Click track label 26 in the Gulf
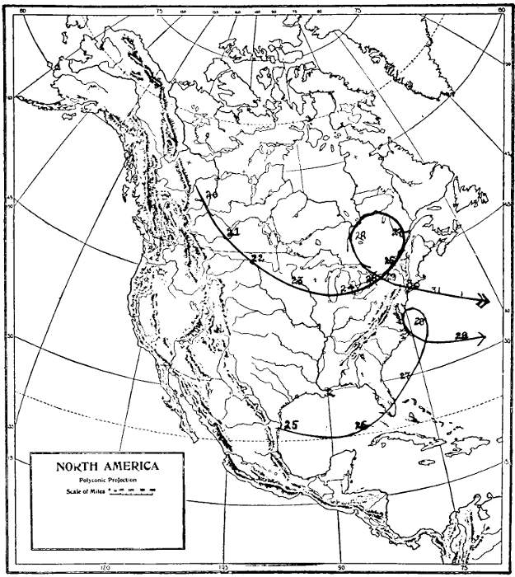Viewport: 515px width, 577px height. [x=359, y=425]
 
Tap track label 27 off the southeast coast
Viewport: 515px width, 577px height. [x=405, y=376]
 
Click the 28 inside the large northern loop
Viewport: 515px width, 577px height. [x=360, y=236]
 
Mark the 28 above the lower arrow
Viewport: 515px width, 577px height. [x=461, y=335]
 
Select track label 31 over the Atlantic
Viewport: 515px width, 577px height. [x=436, y=290]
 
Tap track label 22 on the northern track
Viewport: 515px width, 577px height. [x=256, y=259]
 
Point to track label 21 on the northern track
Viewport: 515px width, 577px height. [x=233, y=233]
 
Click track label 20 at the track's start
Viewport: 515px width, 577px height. [x=211, y=196]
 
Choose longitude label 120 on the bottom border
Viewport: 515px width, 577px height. [x=105, y=567]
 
